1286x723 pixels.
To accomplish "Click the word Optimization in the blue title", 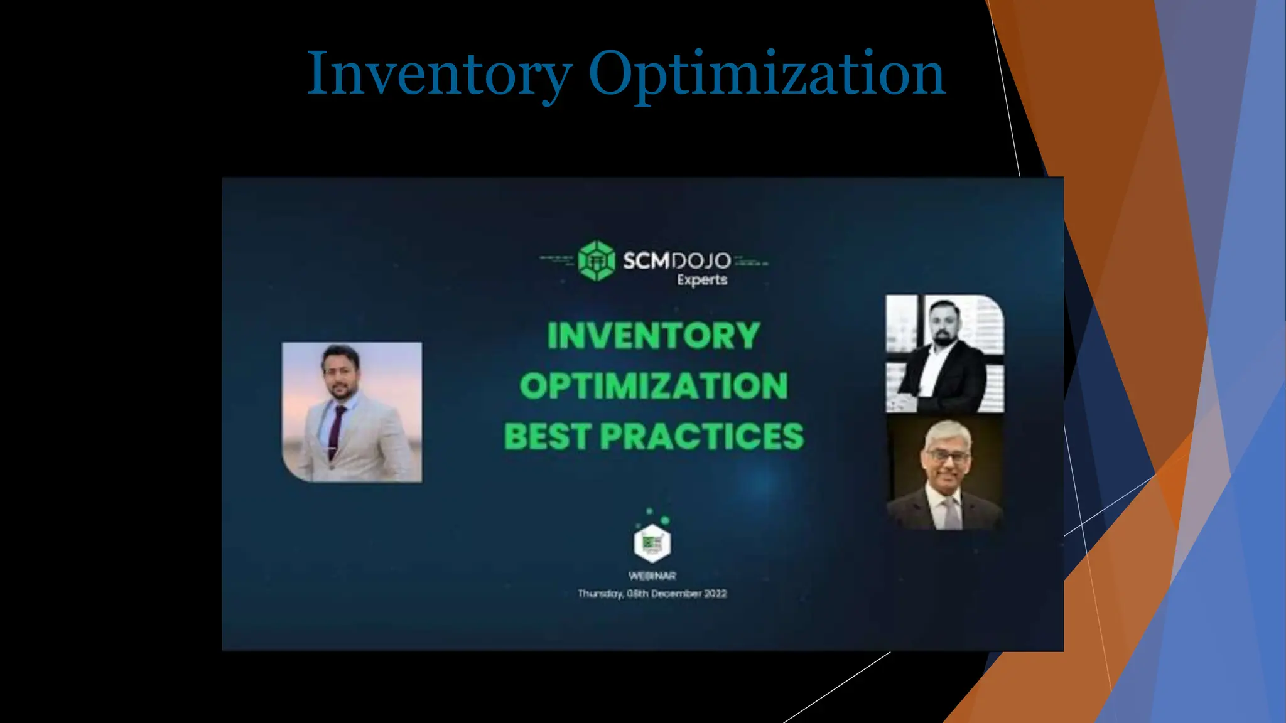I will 766,74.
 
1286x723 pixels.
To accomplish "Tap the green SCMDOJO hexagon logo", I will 596,260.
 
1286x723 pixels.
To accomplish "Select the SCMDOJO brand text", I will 676,260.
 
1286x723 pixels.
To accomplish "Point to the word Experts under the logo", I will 702,280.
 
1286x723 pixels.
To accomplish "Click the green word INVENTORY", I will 654,335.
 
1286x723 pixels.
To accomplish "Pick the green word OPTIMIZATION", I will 654,385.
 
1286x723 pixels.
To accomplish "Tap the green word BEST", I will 547,436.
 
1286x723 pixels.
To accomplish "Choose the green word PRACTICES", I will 701,436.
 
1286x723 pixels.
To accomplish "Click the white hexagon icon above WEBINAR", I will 652,543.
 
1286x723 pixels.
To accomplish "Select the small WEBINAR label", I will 652,576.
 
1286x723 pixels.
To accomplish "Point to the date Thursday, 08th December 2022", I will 652,594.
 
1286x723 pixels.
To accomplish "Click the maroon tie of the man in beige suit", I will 337,430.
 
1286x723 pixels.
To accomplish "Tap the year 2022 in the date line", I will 715,594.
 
